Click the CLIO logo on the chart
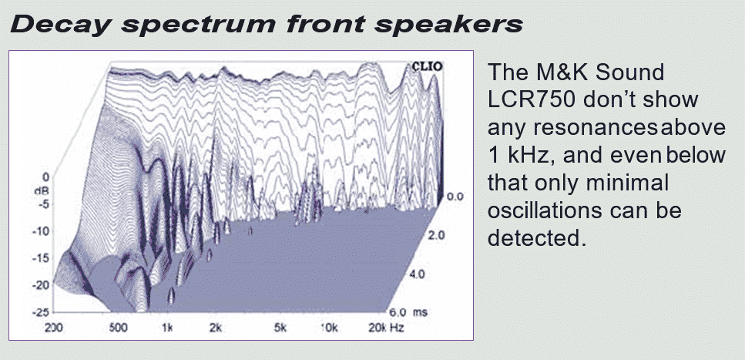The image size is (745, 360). (427, 66)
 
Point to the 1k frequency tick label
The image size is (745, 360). (167, 328)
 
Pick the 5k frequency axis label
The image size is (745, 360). (280, 328)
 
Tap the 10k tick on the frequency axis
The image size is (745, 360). (329, 328)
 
